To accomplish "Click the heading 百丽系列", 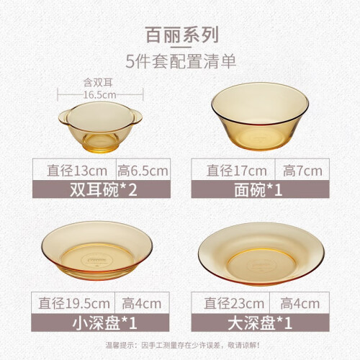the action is click(181, 35).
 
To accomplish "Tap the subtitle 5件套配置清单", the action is click(181, 62).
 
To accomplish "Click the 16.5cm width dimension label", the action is click(100, 95).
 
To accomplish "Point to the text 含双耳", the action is click(98, 83).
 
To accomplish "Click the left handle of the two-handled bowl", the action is click(63, 117).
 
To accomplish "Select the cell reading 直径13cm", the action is click(77, 171).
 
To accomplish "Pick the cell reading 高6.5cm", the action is click(143, 171).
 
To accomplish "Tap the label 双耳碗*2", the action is click(103, 190).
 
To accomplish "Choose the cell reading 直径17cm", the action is click(237, 171).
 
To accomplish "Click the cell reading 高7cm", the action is click(302, 171).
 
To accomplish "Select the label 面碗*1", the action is click(258, 190).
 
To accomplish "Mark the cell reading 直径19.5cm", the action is click(74, 303).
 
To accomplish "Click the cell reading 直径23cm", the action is click(234, 303).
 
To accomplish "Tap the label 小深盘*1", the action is click(104, 323).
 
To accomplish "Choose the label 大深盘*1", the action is click(260, 323).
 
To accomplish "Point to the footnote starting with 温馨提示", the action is click(182, 346).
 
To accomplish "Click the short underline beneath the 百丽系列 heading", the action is click(181, 48).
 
